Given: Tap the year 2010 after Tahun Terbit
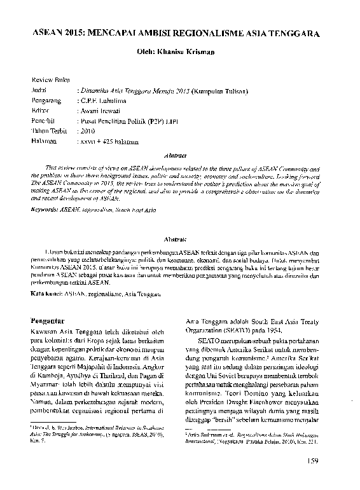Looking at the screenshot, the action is click(87, 130).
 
